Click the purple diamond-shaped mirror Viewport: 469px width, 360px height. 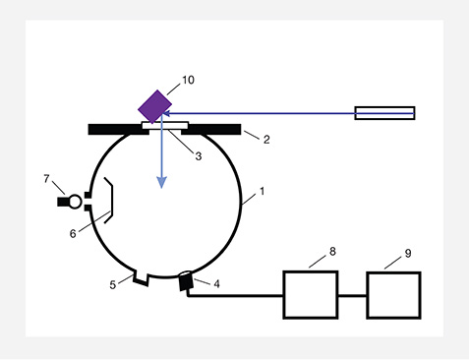(154, 105)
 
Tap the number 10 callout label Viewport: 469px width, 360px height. (190, 81)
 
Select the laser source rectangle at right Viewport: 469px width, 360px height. (383, 113)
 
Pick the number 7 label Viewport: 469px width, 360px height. (46, 178)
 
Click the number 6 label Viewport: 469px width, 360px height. (72, 233)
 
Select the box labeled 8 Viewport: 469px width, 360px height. (311, 294)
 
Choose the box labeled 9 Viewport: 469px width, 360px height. (394, 294)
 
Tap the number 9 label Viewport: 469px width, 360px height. (406, 254)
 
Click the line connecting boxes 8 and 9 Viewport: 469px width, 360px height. (352, 294)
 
